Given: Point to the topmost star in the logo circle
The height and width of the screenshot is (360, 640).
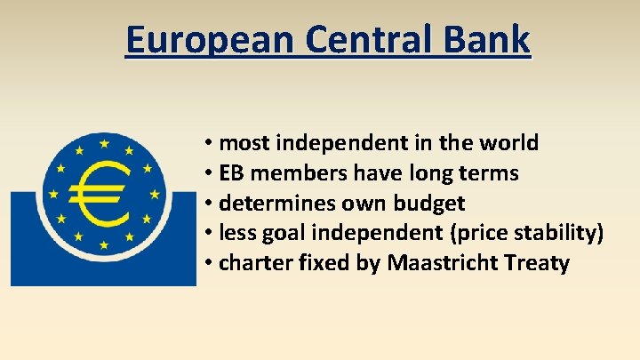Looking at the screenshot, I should (105, 142).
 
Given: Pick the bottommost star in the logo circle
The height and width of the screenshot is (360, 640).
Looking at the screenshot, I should (105, 244).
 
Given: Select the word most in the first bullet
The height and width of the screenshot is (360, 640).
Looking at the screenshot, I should (241, 142).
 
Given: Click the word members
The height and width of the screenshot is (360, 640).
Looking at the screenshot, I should (292, 173).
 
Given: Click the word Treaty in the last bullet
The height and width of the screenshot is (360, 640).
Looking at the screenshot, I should (537, 263).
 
